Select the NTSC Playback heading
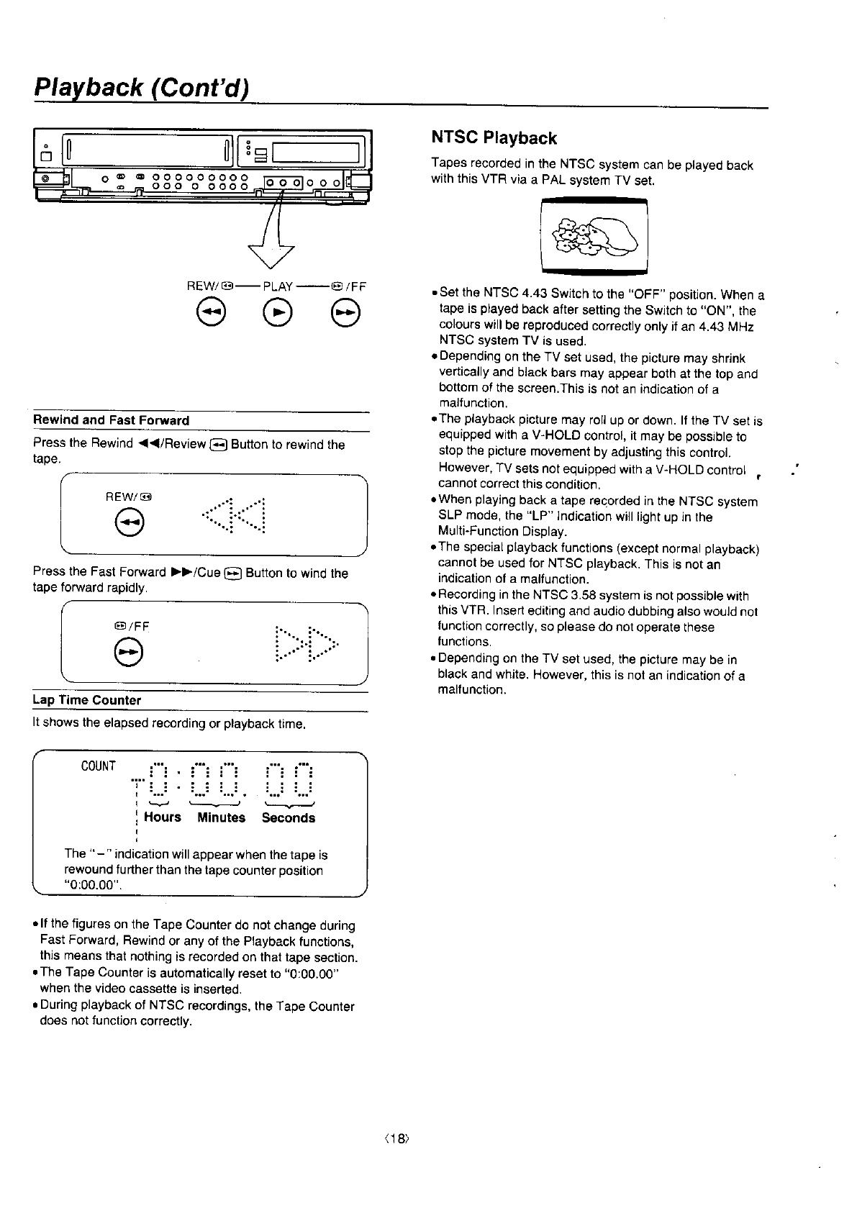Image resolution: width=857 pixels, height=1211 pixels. pos(494,138)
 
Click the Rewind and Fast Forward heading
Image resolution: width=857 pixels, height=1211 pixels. pos(112,420)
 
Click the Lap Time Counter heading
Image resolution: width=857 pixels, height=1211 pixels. pos(87,700)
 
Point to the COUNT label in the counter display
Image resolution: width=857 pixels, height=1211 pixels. pos(99,766)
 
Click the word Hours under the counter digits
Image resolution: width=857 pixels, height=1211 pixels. pos(163,817)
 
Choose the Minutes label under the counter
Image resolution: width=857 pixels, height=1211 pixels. pos(222,817)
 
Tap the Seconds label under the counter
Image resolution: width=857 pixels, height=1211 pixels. pos(289,817)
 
